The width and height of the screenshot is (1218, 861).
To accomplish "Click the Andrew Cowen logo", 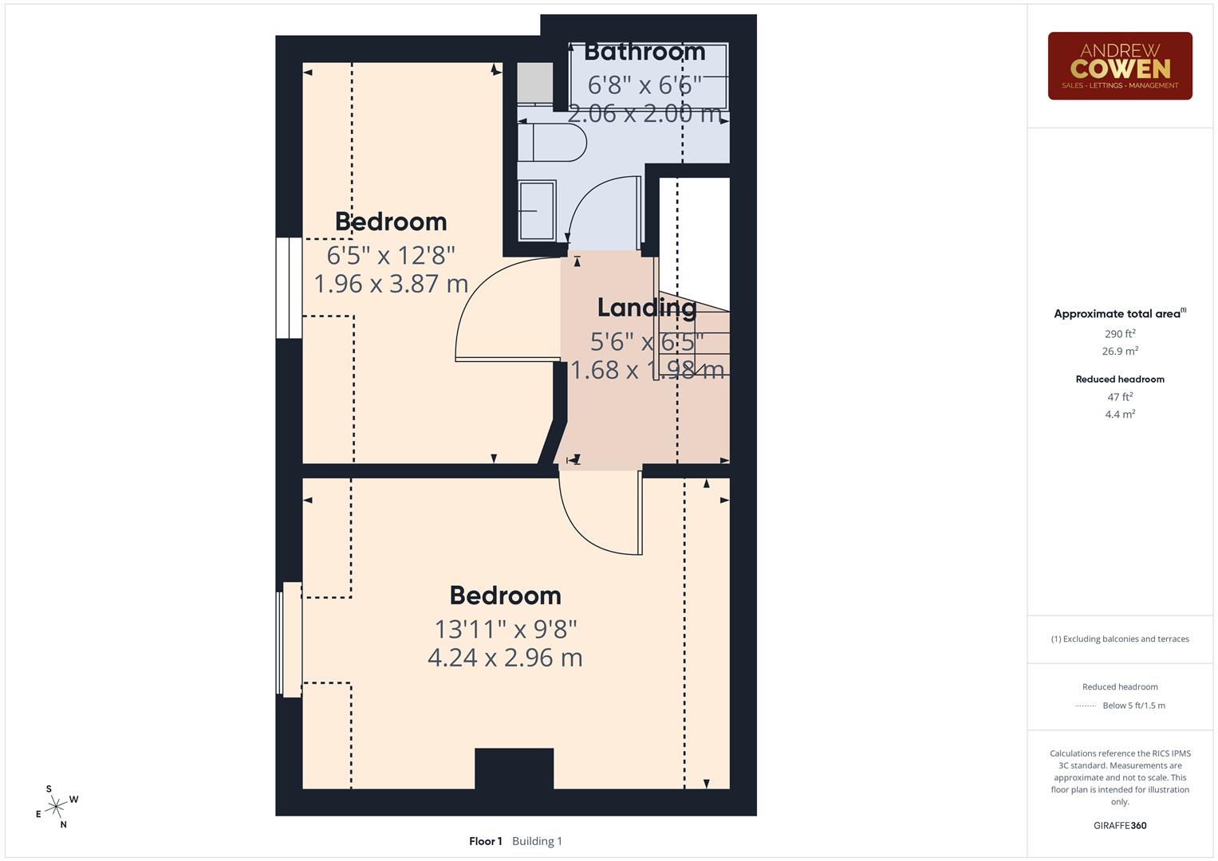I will point(1119,65).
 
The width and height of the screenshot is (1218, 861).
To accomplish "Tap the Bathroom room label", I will point(644,52).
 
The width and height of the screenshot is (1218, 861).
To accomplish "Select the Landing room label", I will point(647,307).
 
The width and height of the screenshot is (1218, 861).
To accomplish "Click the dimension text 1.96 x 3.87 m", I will point(391,284).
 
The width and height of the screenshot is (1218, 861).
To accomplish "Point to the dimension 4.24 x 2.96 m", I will point(505,658).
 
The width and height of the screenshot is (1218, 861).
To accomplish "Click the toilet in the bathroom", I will point(552,143).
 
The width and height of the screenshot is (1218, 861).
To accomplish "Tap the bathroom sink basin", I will point(537,210).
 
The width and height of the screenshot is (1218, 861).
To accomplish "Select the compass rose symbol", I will point(56,808).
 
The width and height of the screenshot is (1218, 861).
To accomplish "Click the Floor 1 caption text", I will point(485,841).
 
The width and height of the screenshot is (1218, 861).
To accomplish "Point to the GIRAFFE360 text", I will point(1120,826).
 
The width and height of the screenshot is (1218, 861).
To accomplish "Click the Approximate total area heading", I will point(1119,314).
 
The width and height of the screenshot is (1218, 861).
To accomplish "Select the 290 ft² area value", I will point(1120,334).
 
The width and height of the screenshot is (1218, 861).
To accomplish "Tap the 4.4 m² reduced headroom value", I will point(1120,415).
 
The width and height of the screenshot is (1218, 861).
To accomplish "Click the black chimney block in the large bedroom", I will point(514,769).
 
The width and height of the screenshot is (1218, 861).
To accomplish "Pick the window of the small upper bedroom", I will point(289,288).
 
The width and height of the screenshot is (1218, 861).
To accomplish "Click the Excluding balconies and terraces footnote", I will point(1120,639).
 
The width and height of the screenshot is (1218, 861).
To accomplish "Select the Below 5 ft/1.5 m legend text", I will point(1133,706).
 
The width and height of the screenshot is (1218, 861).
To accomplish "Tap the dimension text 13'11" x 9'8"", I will point(505,629).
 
